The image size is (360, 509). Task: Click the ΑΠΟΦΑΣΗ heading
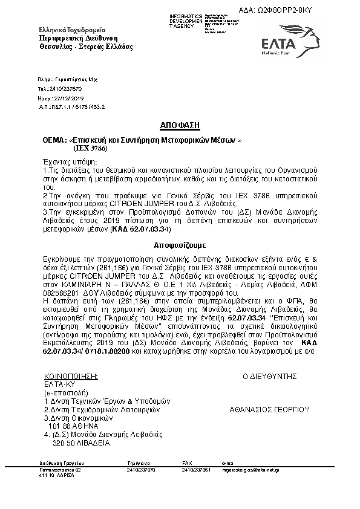tap(180, 126)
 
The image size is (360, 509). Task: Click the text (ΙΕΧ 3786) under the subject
tap(91, 148)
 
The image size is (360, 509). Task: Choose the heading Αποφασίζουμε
tap(180, 247)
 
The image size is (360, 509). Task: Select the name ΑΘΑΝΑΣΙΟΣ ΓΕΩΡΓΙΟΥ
tap(270, 409)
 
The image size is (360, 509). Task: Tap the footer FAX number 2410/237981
tap(197, 469)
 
